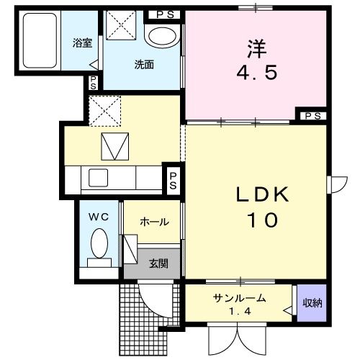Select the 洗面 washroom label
coord(143,64)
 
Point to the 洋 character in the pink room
coord(256,49)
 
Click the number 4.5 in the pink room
coord(256,73)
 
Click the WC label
coord(97,216)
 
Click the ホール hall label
coord(154,222)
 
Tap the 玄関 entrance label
coord(159,264)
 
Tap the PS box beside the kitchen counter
coord(173,180)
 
